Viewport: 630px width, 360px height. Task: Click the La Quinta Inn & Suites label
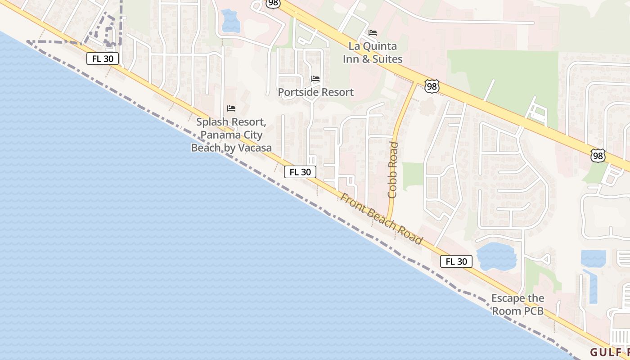click(373, 53)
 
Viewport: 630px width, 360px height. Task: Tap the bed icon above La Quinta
click(373, 33)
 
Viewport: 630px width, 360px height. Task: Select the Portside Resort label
click(316, 92)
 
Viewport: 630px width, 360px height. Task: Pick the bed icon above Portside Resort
click(316, 79)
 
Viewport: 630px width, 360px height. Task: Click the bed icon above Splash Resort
click(231, 108)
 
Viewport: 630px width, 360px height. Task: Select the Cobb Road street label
click(393, 170)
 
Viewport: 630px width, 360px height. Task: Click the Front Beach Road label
click(381, 219)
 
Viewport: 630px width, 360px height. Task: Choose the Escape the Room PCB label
click(517, 304)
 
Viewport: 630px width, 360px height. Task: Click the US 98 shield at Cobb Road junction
click(432, 86)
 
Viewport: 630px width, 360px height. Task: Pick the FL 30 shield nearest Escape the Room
click(456, 261)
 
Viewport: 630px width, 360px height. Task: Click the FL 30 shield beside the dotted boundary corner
click(103, 58)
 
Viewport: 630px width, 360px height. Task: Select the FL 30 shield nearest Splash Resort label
click(300, 172)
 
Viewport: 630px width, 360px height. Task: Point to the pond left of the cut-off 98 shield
click(231, 21)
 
